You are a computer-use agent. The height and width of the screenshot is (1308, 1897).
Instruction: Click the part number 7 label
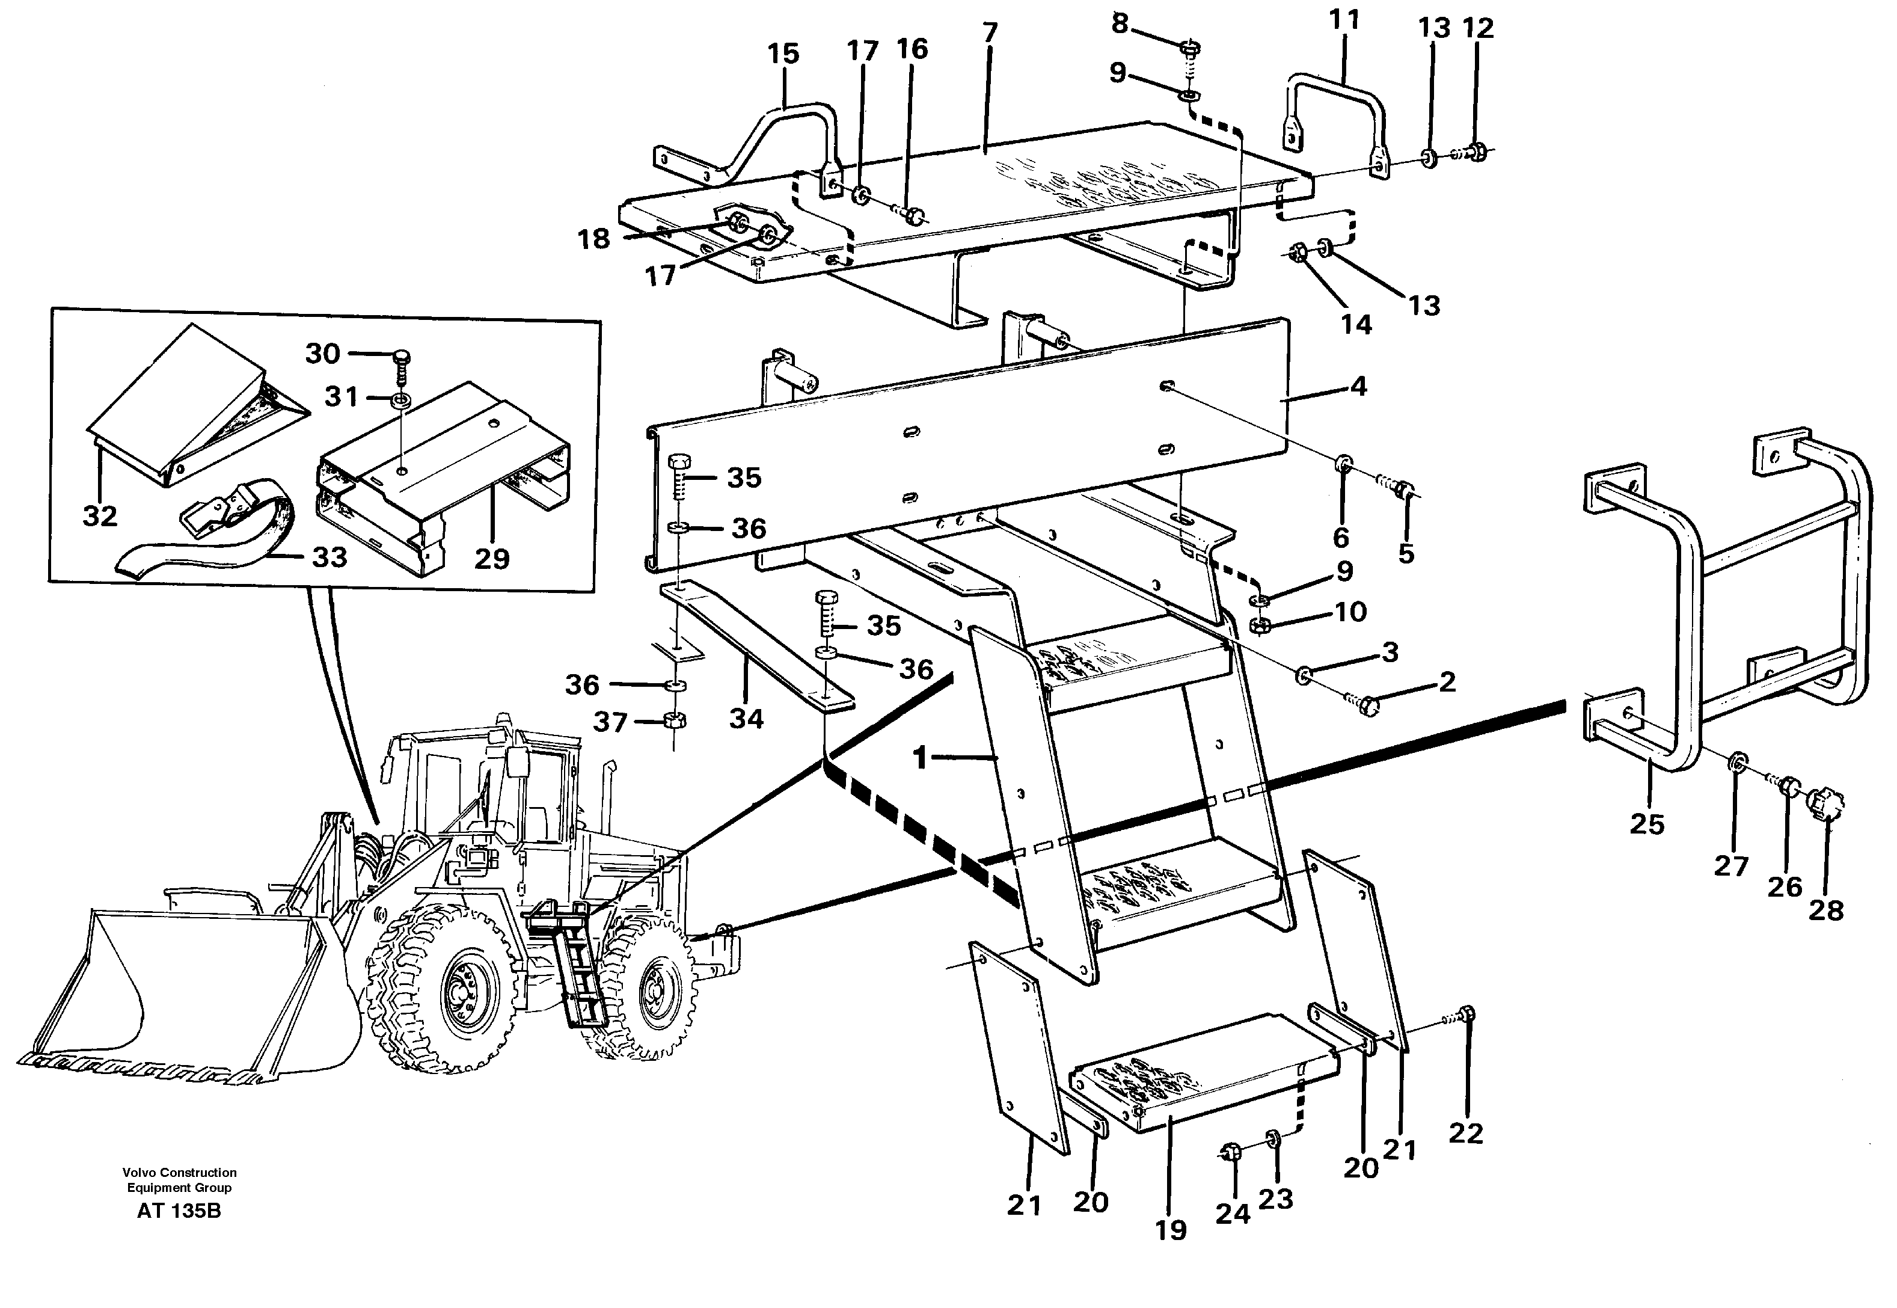click(990, 33)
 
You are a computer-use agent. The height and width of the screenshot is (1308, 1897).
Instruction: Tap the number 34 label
click(746, 719)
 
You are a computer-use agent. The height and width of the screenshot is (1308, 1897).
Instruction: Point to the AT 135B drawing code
click(179, 1211)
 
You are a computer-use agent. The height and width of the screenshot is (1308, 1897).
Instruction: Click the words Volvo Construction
click(179, 1173)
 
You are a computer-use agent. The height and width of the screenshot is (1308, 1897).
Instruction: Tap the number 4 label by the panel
click(1358, 386)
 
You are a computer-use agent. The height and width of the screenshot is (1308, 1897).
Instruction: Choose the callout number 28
click(1825, 910)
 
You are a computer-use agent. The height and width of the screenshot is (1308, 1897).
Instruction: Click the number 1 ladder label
click(919, 758)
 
